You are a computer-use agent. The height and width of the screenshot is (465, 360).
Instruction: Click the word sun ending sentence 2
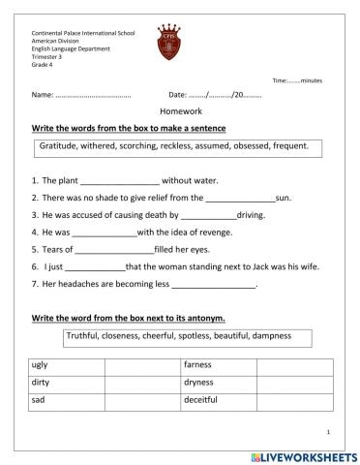pos(283,198)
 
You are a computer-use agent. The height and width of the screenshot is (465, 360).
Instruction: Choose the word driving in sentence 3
pos(252,215)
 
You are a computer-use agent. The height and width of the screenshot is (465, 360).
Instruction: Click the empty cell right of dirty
pos(141,383)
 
